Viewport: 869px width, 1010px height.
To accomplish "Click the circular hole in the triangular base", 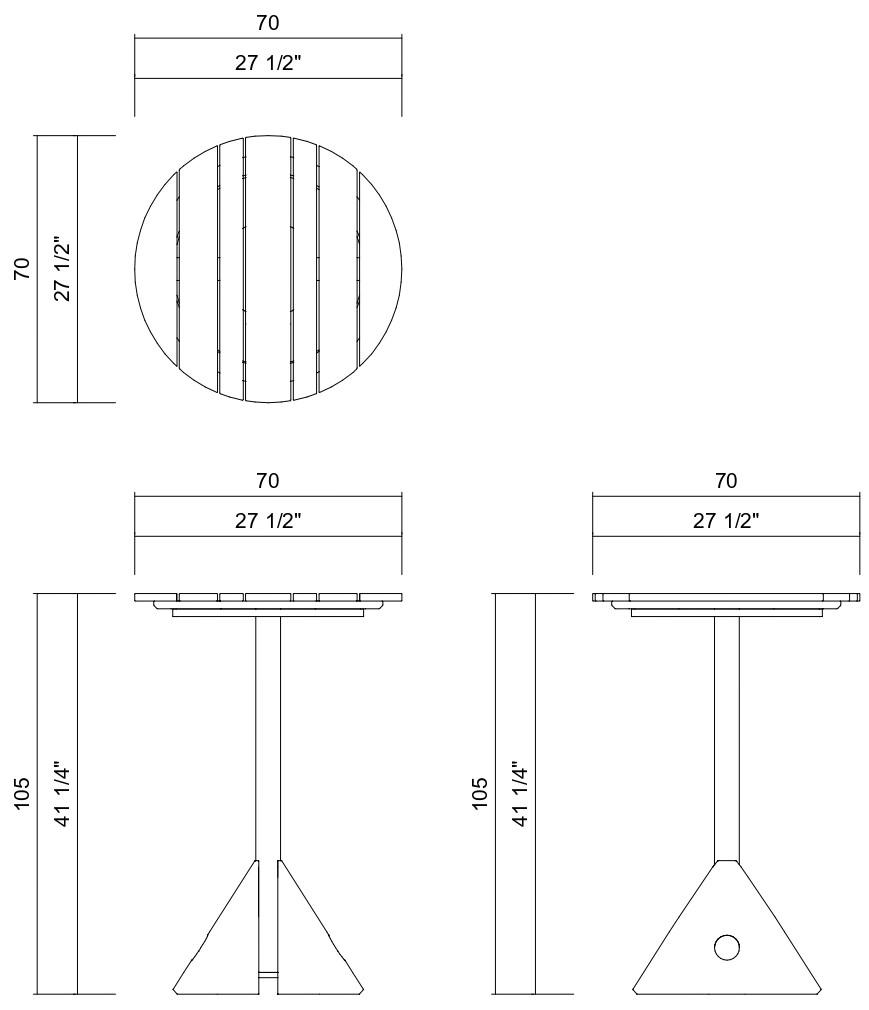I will [x=727, y=947].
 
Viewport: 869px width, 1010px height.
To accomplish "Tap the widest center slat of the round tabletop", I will [x=268, y=269].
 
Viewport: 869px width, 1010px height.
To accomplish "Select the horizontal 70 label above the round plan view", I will [x=268, y=23].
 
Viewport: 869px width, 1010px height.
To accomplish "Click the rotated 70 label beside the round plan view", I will [x=22, y=268].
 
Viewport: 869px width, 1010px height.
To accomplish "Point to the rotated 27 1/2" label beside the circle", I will [x=61, y=268].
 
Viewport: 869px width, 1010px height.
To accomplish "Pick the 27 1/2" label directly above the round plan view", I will [x=268, y=63].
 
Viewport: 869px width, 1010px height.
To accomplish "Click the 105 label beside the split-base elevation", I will [x=22, y=794].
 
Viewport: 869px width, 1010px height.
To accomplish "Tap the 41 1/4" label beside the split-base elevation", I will [x=61, y=794].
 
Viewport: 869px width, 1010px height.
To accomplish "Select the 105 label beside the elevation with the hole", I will [x=480, y=794].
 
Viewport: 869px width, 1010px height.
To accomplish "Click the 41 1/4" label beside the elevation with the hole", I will [x=519, y=794].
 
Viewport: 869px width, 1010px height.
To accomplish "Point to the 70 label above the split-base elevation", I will [x=268, y=481].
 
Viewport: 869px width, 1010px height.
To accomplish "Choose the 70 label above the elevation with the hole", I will [x=726, y=481].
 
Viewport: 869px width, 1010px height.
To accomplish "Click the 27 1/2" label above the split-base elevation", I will [x=268, y=520].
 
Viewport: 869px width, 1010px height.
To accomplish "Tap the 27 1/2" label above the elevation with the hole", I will [x=726, y=520].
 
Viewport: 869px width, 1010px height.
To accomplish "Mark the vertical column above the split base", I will [x=268, y=735].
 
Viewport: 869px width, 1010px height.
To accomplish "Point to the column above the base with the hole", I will [x=727, y=735].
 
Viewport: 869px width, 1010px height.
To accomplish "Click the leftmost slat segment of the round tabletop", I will [x=156, y=269].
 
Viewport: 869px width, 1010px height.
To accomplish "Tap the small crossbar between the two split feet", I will [x=268, y=972].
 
